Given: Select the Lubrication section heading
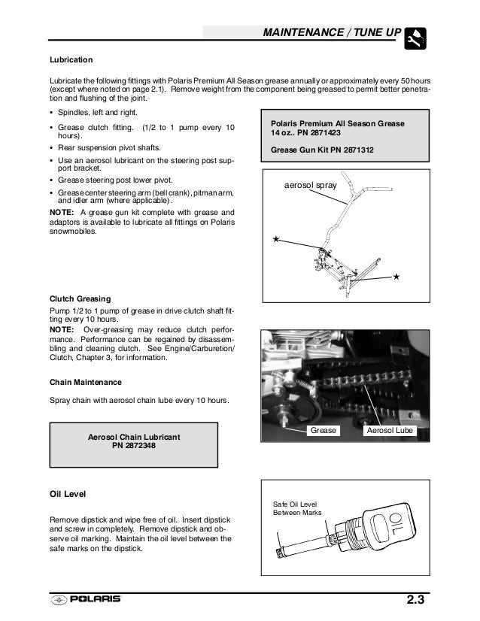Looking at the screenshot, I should coord(71,59).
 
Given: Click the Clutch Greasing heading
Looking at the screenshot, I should coord(81,298).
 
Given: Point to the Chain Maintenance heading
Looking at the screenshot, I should coord(86,381).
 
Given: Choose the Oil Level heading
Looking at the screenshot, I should coord(68,494).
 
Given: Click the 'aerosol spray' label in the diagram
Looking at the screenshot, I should coord(311,184).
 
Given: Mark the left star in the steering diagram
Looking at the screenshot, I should coord(276,238).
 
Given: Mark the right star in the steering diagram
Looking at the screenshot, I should coord(396,277).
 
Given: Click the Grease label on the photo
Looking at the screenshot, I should coord(324,431).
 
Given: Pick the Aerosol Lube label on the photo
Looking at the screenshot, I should coord(389,431).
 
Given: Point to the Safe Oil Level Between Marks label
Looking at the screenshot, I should coord(296,508).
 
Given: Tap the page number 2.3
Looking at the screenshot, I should coord(416,601).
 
